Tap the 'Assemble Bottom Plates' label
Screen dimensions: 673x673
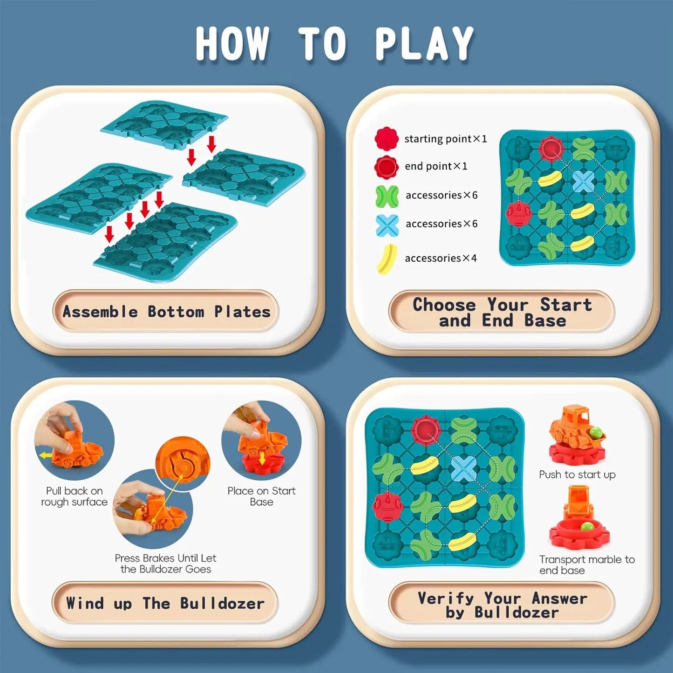pos(166,312)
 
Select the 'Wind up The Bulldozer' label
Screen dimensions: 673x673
pos(165,603)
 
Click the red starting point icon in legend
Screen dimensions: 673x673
pos(387,138)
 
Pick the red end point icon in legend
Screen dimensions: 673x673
pos(387,167)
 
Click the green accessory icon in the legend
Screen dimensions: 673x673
pos(387,196)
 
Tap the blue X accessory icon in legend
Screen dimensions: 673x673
pos(387,225)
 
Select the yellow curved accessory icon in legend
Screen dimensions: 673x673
pos(387,259)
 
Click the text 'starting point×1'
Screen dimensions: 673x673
pos(445,139)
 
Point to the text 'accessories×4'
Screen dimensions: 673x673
pos(441,258)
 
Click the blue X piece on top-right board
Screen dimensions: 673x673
pos(583,181)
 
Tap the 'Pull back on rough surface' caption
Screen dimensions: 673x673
pos(75,496)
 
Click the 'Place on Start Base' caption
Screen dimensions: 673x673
pos(261,496)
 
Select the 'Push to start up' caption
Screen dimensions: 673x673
pos(577,475)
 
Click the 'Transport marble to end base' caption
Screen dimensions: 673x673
pos(586,564)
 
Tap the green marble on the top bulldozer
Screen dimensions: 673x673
pos(596,432)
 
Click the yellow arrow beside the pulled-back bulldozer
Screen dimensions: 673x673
pos(45,455)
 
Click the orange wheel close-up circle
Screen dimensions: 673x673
pos(183,462)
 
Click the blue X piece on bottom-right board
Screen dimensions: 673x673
pos(463,469)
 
